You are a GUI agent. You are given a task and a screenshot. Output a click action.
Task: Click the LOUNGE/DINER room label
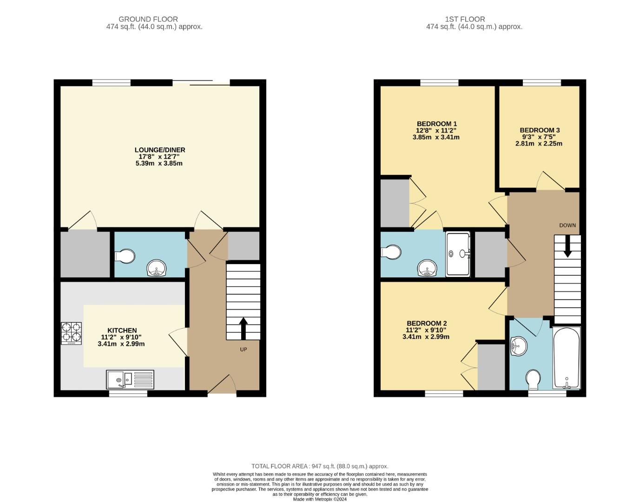click(x=160, y=150)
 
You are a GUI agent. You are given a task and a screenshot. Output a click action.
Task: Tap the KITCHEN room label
click(x=122, y=330)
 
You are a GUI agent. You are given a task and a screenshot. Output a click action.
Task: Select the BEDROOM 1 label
click(x=436, y=124)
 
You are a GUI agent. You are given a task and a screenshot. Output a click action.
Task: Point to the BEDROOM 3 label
click(x=539, y=130)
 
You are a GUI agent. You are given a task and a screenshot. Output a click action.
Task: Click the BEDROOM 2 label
click(x=426, y=324)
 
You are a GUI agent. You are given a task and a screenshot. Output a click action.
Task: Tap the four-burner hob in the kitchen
click(x=71, y=333)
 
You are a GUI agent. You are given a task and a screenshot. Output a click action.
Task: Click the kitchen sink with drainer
click(x=130, y=379)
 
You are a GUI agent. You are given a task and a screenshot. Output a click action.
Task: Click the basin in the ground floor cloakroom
click(x=157, y=268)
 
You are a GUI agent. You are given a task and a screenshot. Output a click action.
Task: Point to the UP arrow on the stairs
click(x=243, y=328)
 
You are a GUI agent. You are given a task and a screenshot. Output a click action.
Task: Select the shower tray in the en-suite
click(x=458, y=254)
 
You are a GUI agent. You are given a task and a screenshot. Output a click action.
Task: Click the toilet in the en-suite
click(x=390, y=252)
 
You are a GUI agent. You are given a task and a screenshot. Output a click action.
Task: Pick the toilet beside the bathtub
click(x=533, y=379)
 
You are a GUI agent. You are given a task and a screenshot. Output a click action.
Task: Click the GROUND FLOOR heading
click(x=148, y=19)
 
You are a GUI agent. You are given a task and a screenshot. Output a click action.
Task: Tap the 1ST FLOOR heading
click(x=465, y=19)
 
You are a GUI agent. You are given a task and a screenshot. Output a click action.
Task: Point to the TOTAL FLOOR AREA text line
click(x=320, y=466)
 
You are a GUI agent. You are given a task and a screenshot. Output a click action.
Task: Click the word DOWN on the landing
click(x=567, y=225)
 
